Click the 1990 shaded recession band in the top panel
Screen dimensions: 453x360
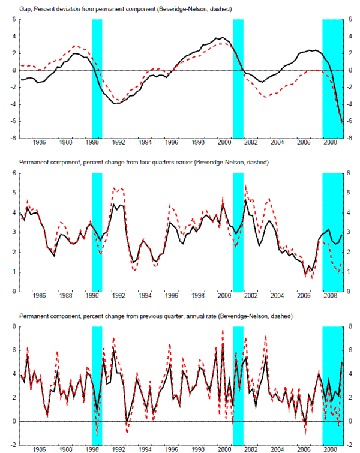point(97,78)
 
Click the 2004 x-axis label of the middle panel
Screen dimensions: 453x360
point(277,296)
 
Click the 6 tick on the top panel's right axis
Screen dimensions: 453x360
point(353,19)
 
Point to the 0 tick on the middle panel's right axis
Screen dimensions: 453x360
point(353,292)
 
